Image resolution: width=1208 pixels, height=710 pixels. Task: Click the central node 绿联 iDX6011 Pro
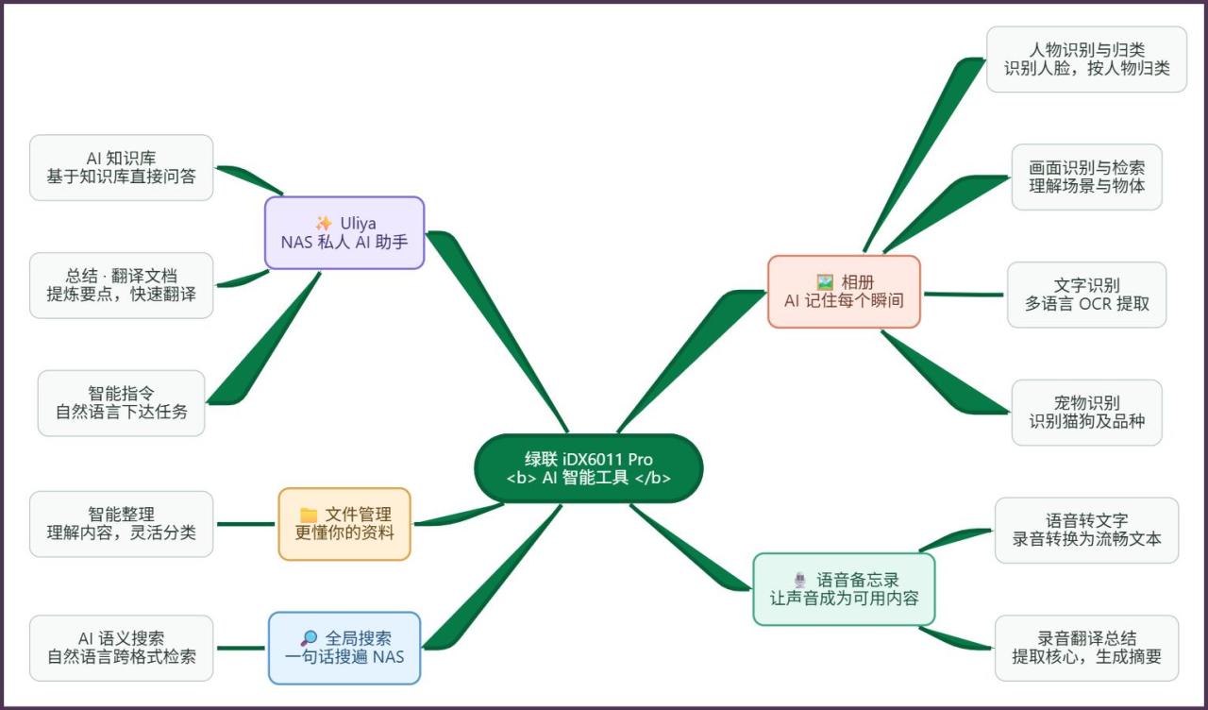(588, 468)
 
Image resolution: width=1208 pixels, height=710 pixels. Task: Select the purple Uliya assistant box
(344, 232)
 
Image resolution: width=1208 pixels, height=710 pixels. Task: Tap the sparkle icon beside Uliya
(324, 223)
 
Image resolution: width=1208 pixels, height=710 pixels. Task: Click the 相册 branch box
(844, 292)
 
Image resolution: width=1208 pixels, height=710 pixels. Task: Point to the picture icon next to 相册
(825, 281)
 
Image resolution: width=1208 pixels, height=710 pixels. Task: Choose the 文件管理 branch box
(344, 524)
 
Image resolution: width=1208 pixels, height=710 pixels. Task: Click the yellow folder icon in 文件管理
(309, 515)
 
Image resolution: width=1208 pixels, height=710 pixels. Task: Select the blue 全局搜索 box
(344, 648)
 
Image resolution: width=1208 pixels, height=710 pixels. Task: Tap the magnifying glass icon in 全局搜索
(309, 638)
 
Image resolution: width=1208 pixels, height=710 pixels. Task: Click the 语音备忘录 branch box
(844, 589)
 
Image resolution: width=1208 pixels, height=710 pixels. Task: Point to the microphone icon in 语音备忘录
(800, 580)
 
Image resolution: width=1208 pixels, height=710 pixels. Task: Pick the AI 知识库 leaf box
(122, 168)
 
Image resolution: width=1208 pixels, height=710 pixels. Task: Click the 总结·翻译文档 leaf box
(122, 285)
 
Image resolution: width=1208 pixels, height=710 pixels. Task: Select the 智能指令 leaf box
(122, 403)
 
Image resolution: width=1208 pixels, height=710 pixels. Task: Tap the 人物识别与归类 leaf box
(1086, 59)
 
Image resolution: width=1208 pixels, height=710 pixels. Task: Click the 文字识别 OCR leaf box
(1086, 295)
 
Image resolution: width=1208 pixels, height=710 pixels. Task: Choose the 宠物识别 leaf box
(1086, 413)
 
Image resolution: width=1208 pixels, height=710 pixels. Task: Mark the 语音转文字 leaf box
(1086, 531)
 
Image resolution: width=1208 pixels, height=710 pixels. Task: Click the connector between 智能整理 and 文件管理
(246, 524)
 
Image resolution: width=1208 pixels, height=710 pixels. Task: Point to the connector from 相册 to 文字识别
(964, 295)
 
